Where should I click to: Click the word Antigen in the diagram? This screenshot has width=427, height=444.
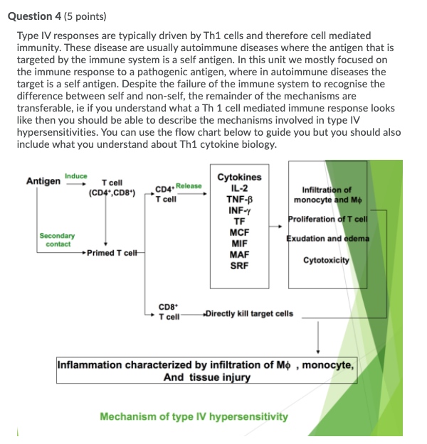tap(43, 181)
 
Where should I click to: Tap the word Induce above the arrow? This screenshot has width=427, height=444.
tap(75, 175)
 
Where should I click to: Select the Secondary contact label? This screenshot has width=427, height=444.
tap(58, 239)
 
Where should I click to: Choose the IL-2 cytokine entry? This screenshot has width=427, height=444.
tap(239, 188)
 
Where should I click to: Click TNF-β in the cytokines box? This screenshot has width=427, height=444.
tap(239, 200)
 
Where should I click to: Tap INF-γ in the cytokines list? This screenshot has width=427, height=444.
tap(239, 211)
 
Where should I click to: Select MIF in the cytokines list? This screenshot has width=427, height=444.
tap(239, 244)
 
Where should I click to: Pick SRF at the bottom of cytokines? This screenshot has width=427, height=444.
tap(239, 266)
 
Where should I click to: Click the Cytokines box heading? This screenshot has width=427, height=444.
tap(239, 177)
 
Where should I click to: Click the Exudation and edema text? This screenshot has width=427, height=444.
tap(327, 238)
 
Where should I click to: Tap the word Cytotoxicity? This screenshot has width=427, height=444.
tap(326, 261)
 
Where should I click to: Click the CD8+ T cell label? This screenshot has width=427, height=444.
tap(169, 313)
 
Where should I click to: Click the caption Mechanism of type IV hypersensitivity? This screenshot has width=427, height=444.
tap(194, 416)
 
